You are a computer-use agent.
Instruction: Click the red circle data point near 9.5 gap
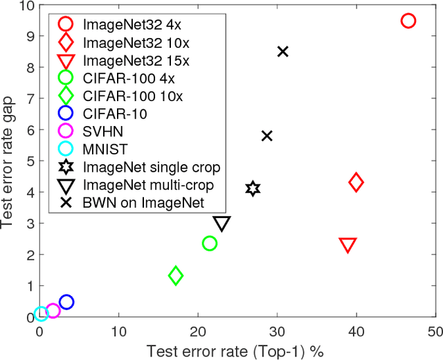pos(408,21)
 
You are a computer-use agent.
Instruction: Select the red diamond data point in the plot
pos(356,183)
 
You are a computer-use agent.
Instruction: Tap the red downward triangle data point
pos(348,245)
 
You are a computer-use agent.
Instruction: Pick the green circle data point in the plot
pos(210,243)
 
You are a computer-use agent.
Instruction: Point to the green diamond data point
pos(176,276)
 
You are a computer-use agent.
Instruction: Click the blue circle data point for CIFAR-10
pos(66,302)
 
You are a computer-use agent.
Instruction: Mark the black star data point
pos(253,188)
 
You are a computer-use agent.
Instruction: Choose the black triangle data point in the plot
pos(222,223)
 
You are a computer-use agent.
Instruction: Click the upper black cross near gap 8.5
pos(282,51)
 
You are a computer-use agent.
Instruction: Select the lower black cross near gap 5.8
pos(267,136)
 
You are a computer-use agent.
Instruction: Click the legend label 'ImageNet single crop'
pos(151,167)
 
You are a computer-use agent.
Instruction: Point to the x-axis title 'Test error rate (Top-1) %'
pos(235,350)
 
